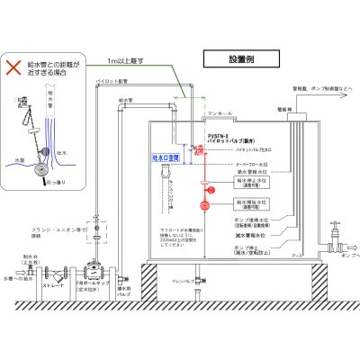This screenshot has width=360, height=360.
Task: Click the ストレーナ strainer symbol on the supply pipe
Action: click(x=59, y=274)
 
